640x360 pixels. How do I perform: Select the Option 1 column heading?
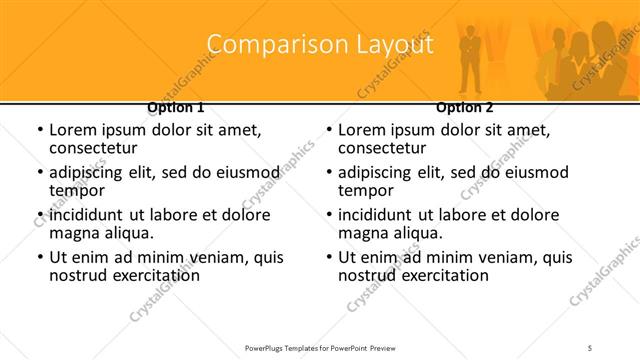coord(176,107)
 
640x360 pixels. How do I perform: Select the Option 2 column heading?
coord(464,107)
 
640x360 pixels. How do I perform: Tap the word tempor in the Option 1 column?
coord(75,191)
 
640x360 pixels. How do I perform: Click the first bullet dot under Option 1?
coord(40,130)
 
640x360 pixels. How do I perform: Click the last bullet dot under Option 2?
coord(329,257)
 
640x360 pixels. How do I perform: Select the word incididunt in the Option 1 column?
coord(88,215)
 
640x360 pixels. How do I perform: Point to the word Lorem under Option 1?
coord(72,130)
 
